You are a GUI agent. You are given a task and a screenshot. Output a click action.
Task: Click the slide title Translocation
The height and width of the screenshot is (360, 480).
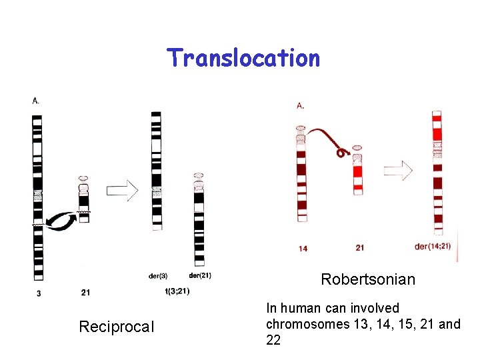[243, 58]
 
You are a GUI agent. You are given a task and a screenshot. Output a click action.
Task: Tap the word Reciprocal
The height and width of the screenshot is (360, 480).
[116, 327]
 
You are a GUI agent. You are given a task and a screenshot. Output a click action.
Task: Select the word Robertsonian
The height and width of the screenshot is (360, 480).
[368, 279]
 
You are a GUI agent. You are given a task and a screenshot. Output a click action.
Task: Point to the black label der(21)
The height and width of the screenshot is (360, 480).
[200, 275]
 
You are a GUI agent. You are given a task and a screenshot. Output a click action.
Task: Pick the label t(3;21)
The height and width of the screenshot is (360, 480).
[177, 290]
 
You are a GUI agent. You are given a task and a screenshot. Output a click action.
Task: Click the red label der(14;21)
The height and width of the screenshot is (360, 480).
[433, 247]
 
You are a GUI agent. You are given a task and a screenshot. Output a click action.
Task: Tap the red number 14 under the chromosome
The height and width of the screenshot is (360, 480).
[303, 249]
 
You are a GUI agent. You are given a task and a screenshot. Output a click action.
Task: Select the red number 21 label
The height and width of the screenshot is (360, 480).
[359, 248]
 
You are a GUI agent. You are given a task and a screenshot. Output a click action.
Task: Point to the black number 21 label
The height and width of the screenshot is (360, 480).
[85, 292]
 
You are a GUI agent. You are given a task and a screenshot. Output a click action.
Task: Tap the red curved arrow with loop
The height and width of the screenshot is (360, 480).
[327, 139]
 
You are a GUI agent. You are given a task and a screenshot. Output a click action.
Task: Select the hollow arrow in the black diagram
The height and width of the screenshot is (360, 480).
[122, 191]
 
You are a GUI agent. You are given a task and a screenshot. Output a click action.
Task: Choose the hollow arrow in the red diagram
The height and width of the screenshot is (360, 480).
[398, 171]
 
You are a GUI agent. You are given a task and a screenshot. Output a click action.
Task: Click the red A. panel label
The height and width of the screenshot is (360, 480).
[300, 105]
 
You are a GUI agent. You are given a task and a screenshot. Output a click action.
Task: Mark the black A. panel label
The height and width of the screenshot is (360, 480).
[35, 101]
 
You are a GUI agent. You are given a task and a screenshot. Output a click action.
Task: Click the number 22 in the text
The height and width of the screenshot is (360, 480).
[273, 340]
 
